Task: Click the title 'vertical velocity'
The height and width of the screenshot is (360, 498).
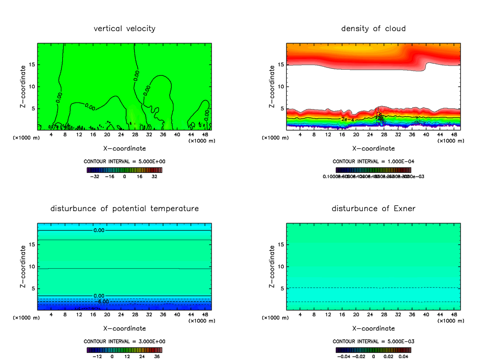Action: (x=124, y=29)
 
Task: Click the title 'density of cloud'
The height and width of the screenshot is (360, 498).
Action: (x=373, y=29)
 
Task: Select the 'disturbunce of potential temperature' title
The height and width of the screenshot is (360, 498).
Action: (x=124, y=208)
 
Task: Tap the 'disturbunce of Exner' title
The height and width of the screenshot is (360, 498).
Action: (x=373, y=208)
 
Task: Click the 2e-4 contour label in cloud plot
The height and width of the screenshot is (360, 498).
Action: (x=347, y=119)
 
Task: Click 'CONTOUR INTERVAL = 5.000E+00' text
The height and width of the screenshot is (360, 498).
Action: (x=124, y=161)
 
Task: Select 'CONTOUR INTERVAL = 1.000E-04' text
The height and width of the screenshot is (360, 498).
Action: (x=373, y=161)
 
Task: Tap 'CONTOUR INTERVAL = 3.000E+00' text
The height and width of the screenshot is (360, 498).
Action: (x=124, y=341)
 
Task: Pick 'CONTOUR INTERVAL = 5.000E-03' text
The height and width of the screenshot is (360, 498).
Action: (x=373, y=341)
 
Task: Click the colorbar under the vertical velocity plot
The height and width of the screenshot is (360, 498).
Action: (x=124, y=170)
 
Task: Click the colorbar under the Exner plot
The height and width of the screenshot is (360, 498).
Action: (x=373, y=350)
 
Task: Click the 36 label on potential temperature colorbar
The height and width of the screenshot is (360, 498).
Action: (x=156, y=356)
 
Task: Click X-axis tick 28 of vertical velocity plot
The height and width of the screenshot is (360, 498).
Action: (x=135, y=134)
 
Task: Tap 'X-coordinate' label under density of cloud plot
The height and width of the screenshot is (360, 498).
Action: (x=373, y=148)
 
